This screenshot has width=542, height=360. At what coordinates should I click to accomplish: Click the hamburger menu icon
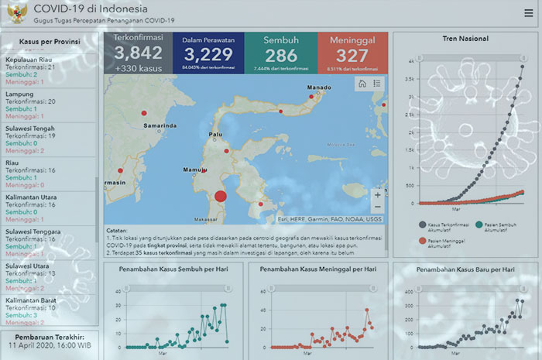coord(527,13)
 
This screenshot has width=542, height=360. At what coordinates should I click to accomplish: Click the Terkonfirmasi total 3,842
coord(139,53)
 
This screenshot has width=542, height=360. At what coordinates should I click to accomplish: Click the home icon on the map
coord(362,84)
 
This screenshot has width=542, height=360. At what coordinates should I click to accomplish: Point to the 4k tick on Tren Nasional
coord(411,60)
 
